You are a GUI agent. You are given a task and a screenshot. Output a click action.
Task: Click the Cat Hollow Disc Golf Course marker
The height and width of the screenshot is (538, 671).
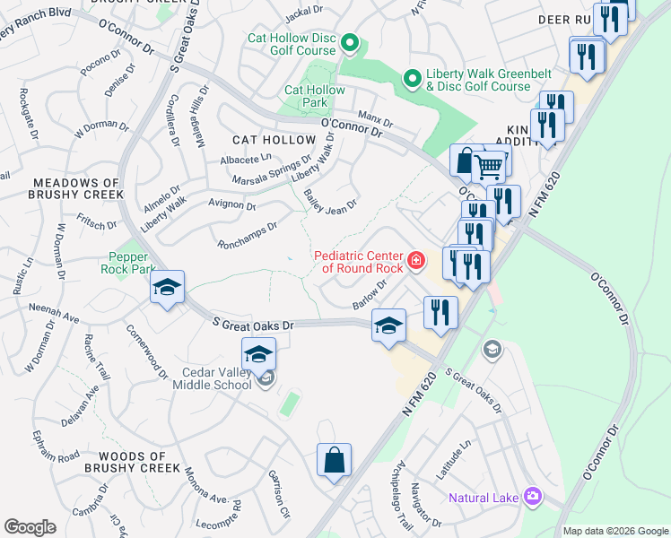pyautogui.click(x=350, y=43)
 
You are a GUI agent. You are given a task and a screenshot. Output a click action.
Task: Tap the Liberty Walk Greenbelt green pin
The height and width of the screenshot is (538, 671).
pyautogui.click(x=412, y=80)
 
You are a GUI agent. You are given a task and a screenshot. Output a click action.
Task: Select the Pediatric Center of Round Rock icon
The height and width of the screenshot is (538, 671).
pyautogui.click(x=415, y=261)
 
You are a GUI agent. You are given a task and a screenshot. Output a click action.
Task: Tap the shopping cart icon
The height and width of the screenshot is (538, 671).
pyautogui.click(x=489, y=165)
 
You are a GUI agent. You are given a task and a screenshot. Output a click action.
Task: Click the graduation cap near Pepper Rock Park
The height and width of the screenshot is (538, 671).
pyautogui.click(x=167, y=288)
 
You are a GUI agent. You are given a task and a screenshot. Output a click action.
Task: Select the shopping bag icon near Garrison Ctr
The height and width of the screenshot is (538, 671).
pyautogui.click(x=334, y=461)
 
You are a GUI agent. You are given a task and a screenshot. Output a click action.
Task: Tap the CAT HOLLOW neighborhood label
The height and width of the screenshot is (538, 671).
pyautogui.click(x=274, y=140)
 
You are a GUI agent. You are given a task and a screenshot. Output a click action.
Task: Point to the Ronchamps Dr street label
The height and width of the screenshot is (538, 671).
pyautogui.click(x=248, y=236)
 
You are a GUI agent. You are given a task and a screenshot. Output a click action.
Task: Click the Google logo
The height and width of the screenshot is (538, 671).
pyautogui.click(x=30, y=527)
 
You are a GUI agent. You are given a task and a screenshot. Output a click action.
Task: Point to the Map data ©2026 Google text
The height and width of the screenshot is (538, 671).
pyautogui.click(x=614, y=531)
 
